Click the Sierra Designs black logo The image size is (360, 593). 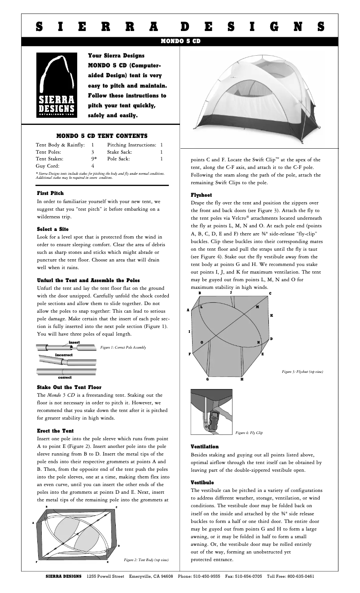[x=56, y=85]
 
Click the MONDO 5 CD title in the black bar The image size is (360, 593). [x=180, y=41]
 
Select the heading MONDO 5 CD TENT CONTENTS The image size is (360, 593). [x=102, y=135]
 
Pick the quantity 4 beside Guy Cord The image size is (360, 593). [x=92, y=166]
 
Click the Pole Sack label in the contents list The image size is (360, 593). [x=119, y=159]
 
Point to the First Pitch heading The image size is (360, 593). [x=50, y=193]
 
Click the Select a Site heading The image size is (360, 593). [x=53, y=229]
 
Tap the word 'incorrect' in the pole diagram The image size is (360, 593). [x=64, y=354]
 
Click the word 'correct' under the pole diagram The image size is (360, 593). [x=65, y=377]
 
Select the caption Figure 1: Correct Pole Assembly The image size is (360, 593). [x=123, y=347]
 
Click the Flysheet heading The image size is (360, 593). [x=201, y=195]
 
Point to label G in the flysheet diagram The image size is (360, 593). [x=207, y=380]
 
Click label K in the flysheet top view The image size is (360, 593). [x=272, y=315]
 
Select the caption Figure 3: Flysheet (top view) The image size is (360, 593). [x=302, y=372]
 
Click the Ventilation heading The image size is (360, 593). [x=205, y=447]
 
